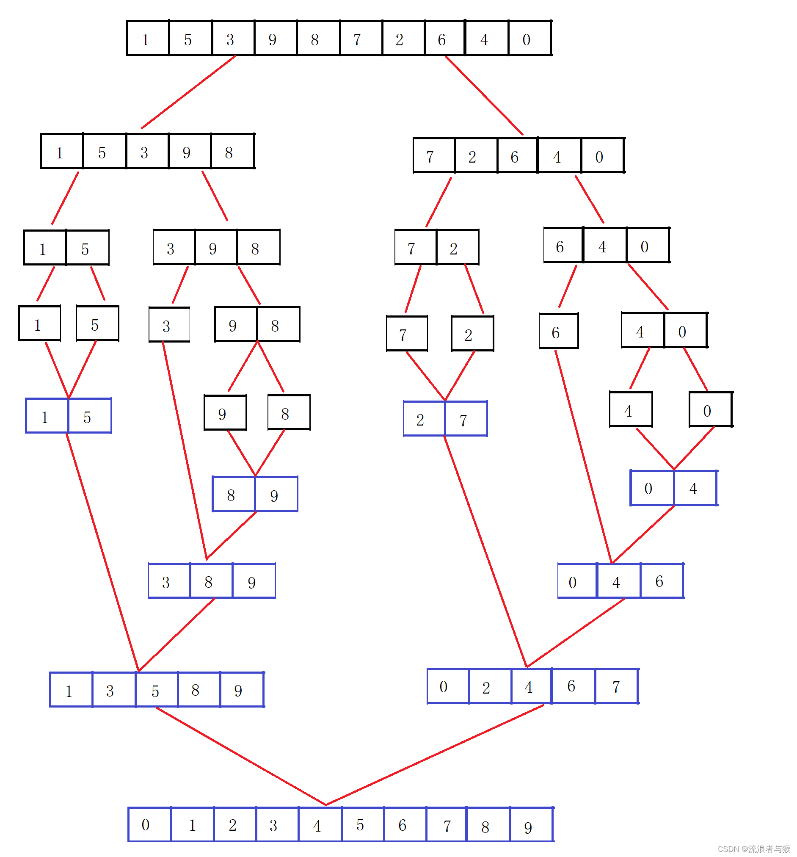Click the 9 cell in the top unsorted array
[x=273, y=39]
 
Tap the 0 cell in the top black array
[x=527, y=39]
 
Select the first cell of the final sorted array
[x=146, y=824]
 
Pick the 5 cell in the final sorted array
[x=361, y=824]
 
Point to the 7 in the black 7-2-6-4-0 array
[x=430, y=156]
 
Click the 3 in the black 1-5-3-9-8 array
[x=144, y=152]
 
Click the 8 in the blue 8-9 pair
[x=232, y=495]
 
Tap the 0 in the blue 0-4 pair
[x=649, y=488]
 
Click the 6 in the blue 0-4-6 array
[x=659, y=581]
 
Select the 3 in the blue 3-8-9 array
[x=166, y=581]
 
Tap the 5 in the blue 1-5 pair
[x=88, y=416]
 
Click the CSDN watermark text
[x=753, y=849]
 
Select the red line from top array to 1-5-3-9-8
[x=189, y=92]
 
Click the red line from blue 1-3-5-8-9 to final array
[x=241, y=757]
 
